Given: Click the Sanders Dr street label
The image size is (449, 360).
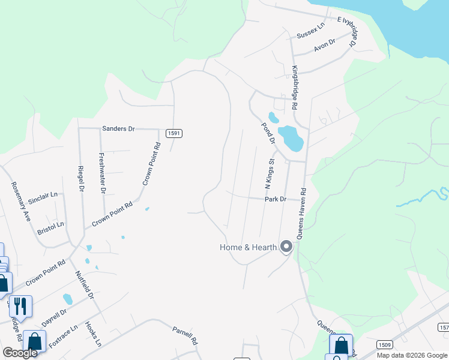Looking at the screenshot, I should pyautogui.click(x=119, y=128).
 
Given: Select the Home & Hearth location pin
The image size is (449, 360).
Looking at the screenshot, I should pyautogui.click(x=286, y=247).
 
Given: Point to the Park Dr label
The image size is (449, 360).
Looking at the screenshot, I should pyautogui.click(x=275, y=199).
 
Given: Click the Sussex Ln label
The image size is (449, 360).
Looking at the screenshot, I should pyautogui.click(x=310, y=31).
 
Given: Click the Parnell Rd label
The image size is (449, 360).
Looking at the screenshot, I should pyautogui.click(x=185, y=335).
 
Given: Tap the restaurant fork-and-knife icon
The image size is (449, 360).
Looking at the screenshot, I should pyautogui.click(x=20, y=307).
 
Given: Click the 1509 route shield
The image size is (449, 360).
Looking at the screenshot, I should pyautogui.click(x=385, y=345).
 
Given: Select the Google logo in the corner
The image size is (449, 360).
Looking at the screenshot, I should pyautogui.click(x=20, y=352).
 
